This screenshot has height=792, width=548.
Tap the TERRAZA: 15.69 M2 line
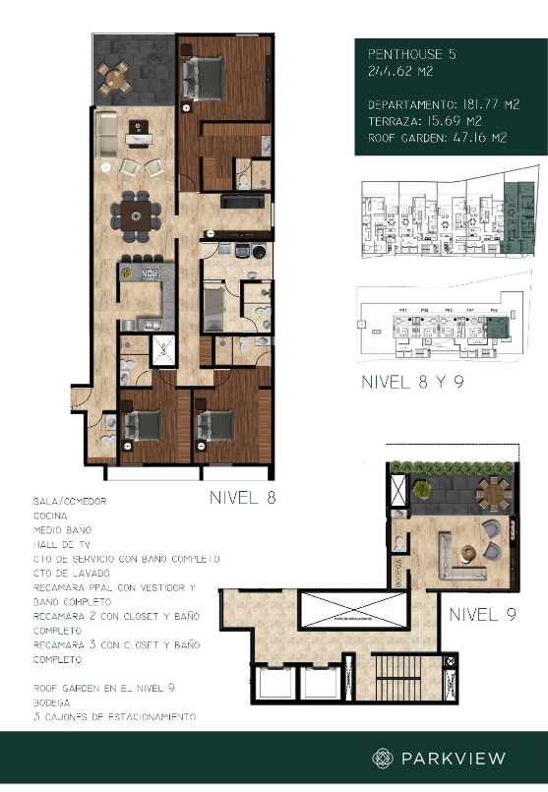click(x=425, y=121)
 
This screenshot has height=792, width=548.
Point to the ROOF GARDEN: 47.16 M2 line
click(x=437, y=139)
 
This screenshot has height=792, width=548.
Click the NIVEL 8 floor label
click(x=242, y=497)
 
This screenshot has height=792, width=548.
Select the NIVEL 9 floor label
click(x=482, y=616)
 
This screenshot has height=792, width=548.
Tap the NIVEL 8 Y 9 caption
click(x=411, y=382)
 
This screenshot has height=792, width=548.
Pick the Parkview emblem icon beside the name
click(x=383, y=758)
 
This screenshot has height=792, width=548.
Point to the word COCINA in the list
click(x=51, y=515)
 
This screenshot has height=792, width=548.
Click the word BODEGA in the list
click(x=52, y=703)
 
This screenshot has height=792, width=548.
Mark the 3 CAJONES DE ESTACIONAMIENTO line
click(x=113, y=717)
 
